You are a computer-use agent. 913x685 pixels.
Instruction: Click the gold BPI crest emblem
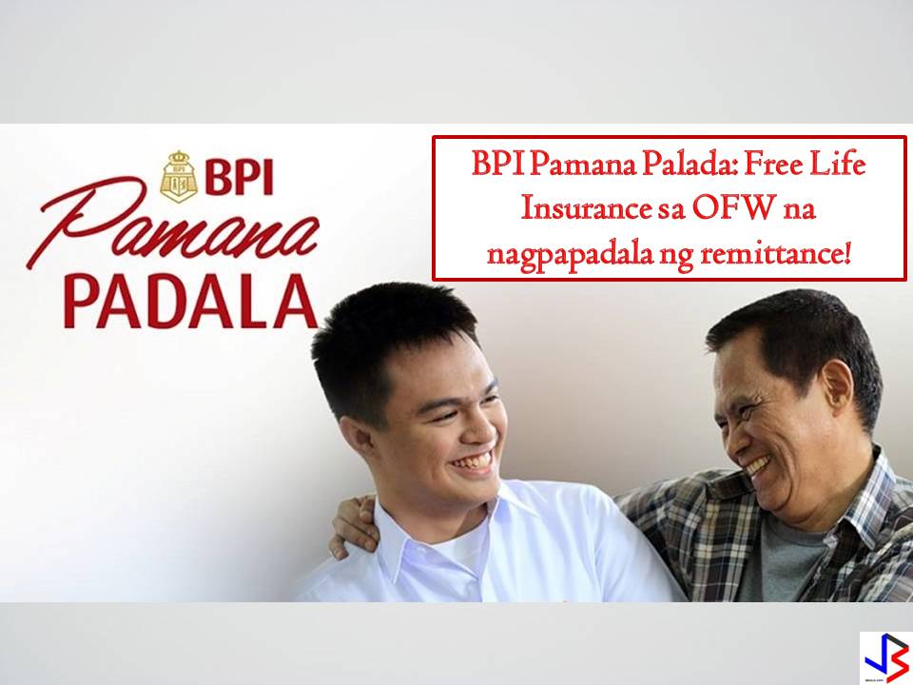pos(179,177)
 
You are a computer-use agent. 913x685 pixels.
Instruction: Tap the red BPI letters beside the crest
pos(240,177)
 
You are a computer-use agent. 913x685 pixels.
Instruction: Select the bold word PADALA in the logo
pos(191,303)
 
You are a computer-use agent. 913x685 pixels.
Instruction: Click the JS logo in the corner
pos(885,658)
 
